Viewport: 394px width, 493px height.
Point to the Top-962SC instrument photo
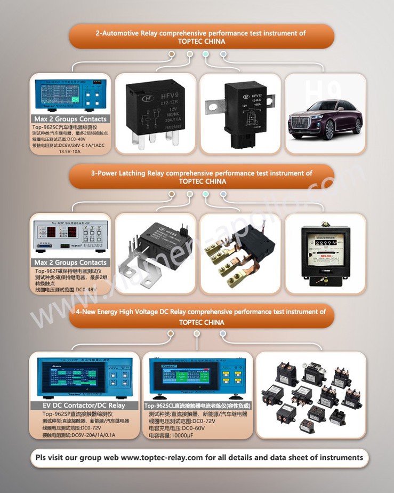tap(71, 95)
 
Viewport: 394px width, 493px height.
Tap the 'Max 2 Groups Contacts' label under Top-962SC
tap(70, 119)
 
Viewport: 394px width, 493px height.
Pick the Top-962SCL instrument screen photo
tap(198, 376)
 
